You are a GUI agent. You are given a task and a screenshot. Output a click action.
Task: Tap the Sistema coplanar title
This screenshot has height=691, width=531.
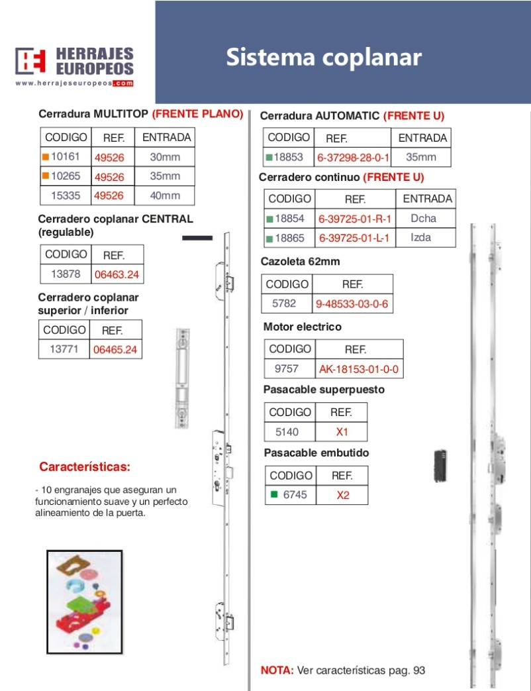[x=323, y=57]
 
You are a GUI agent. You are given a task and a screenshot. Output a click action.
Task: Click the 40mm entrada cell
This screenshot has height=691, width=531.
[x=165, y=195]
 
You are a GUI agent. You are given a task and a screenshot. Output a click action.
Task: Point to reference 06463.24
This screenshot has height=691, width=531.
[x=117, y=274]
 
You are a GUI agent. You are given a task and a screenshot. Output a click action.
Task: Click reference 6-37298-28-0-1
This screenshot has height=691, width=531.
[x=354, y=158]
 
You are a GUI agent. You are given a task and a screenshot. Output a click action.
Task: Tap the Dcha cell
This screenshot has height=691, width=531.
[x=424, y=219]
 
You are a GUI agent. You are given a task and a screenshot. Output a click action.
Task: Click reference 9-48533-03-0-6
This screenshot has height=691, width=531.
[x=352, y=304]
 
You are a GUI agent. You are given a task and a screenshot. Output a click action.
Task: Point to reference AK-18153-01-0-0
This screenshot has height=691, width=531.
[x=359, y=369]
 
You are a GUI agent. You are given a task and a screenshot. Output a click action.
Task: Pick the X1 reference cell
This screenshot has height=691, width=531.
[x=342, y=433]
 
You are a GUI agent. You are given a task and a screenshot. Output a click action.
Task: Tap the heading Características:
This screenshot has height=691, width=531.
[x=85, y=467]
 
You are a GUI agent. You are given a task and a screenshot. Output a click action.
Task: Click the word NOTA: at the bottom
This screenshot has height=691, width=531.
[x=277, y=670]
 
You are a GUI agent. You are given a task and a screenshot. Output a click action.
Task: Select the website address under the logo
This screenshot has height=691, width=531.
[x=74, y=83]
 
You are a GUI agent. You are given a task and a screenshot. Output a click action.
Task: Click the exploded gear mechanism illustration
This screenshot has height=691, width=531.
[x=85, y=602]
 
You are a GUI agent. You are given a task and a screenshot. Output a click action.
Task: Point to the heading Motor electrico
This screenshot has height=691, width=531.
[x=303, y=327]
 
